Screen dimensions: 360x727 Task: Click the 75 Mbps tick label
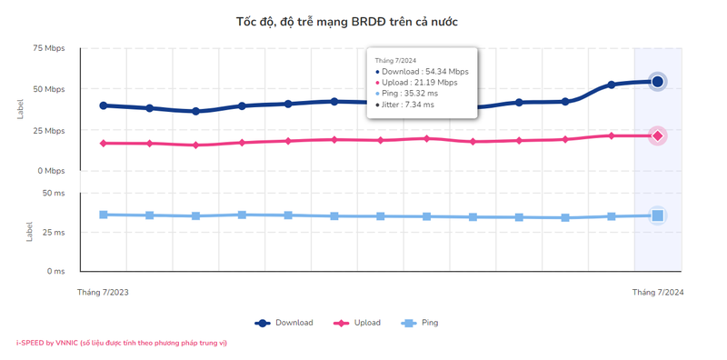50,48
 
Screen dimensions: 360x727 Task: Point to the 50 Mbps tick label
50,89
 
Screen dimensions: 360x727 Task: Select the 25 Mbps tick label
50,131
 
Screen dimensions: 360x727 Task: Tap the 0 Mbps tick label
52,171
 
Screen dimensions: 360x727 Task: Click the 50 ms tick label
54,193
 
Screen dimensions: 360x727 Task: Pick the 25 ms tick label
54,233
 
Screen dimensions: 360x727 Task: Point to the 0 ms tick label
55,271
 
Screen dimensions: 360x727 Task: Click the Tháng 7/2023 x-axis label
103,293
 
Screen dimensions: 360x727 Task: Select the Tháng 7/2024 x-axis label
658,293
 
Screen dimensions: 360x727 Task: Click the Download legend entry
284,323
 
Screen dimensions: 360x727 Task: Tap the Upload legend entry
358,323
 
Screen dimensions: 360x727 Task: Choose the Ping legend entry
421,323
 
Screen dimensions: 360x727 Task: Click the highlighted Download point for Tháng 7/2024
658,82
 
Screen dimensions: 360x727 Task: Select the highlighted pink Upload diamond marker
658,135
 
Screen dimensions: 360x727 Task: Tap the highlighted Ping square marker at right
658,215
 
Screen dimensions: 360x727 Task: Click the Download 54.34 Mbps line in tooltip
423,72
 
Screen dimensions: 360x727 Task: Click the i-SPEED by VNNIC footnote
122,343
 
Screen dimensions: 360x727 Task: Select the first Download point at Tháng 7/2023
104,105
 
